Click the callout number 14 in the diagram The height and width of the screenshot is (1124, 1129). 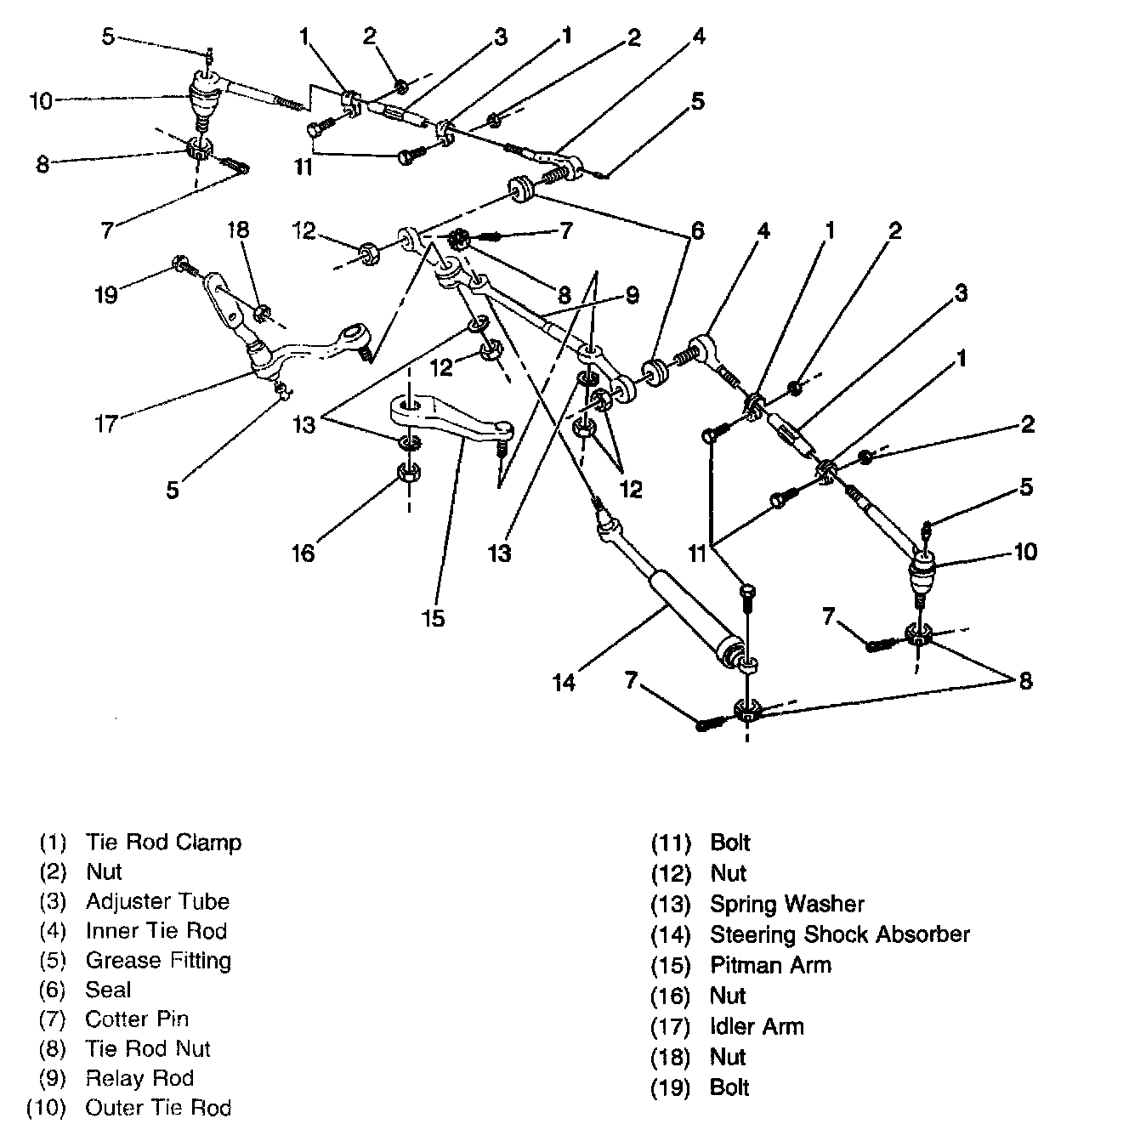click(x=564, y=682)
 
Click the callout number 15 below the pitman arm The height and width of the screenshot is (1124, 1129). click(x=433, y=618)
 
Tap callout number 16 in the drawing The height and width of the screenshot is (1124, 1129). click(x=304, y=553)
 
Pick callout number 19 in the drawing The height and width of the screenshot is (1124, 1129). click(x=105, y=293)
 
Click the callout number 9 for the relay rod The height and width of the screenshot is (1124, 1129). click(x=631, y=295)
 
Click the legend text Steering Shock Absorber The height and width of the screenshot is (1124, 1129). click(x=839, y=934)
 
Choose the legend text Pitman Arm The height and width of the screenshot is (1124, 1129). click(x=770, y=965)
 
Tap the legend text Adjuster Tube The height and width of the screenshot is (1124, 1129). click(x=157, y=901)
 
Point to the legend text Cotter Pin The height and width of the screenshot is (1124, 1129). click(x=137, y=1019)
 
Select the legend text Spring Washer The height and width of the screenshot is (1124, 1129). click(x=786, y=904)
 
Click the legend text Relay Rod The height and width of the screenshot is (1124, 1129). click(x=139, y=1078)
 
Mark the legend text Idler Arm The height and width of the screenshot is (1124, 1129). click(x=757, y=1026)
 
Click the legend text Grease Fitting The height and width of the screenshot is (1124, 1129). click(x=158, y=960)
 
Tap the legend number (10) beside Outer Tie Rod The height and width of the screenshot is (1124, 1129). click(x=46, y=1108)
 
